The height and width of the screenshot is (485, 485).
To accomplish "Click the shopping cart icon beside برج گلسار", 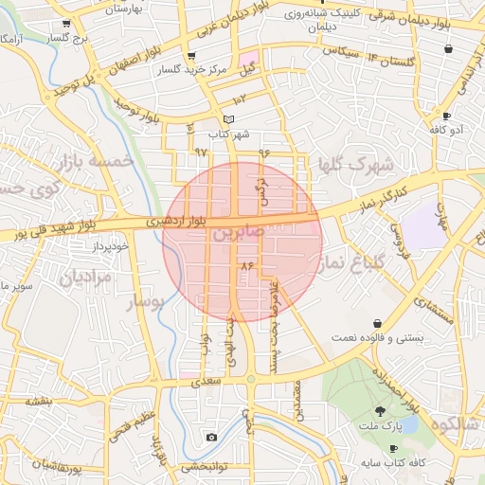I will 65,24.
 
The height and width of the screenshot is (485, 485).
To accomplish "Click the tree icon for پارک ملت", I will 380,411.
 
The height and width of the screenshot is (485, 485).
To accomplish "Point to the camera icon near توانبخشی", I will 210,437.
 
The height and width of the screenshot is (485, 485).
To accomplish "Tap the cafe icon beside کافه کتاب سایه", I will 393,449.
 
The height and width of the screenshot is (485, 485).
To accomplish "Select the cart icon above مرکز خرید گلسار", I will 192,57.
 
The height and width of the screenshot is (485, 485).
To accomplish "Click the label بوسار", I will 145,303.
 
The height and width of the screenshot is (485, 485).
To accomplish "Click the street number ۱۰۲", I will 240,99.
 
